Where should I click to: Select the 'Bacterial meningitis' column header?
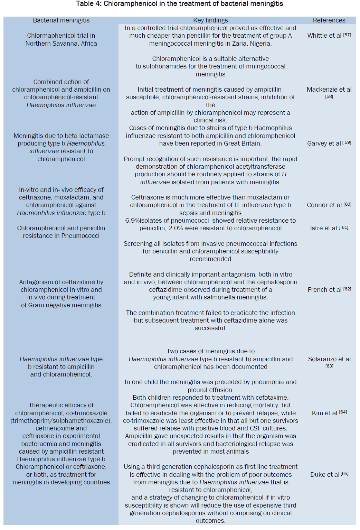[x=61, y=20]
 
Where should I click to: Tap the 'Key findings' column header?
[x=210, y=20]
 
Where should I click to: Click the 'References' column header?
[x=329, y=20]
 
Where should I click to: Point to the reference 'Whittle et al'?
[x=324, y=36]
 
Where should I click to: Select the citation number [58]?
[x=329, y=97]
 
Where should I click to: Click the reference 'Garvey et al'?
[x=324, y=143]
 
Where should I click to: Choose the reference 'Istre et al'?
[x=323, y=228]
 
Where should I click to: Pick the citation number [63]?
[x=329, y=366]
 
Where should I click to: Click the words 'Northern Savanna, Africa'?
[x=61, y=44]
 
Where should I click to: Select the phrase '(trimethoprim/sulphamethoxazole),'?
[x=61, y=421]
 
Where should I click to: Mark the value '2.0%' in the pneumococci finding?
[x=176, y=228]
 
